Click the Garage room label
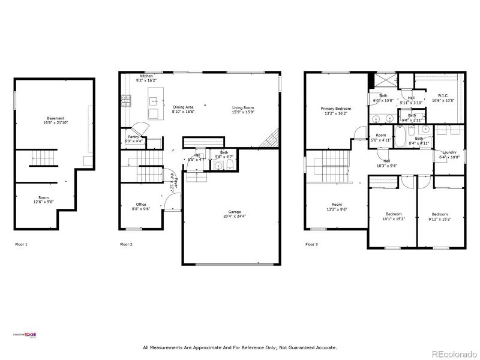pos(234,212)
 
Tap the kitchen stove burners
pos(126,100)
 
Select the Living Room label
pos(243,109)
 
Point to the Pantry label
pos(134,137)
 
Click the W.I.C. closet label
pos(443,95)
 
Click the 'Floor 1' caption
pos(21,244)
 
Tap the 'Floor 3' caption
pos(311,244)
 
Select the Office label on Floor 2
pos(141,205)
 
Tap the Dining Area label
pos(183,107)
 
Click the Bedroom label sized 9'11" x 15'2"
pos(440,214)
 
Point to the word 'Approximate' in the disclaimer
pos(197,347)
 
